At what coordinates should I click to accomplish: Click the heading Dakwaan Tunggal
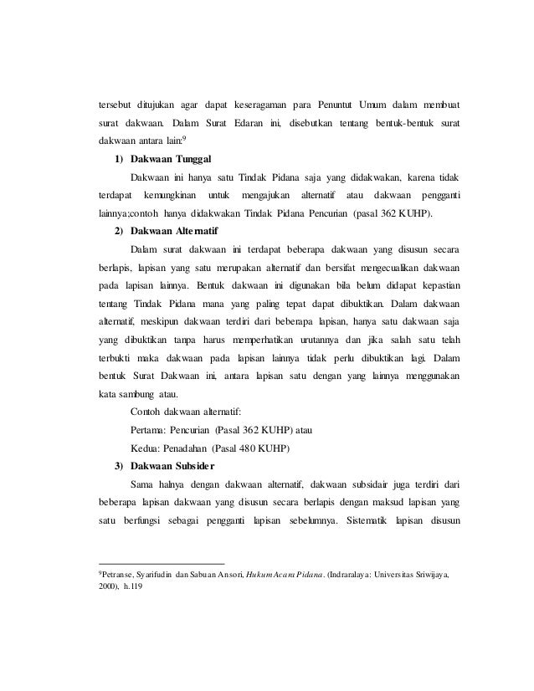click(x=172, y=159)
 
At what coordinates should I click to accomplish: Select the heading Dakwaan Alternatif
click(x=177, y=230)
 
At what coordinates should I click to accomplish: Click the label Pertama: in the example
click(x=151, y=429)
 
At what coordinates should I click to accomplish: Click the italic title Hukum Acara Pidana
click(x=283, y=576)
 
